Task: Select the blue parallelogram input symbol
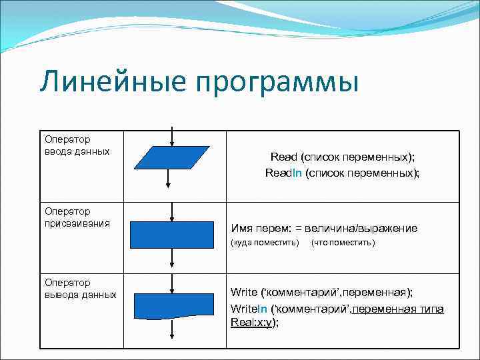(172, 158)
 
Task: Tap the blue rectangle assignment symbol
(172, 234)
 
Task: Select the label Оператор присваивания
(77, 217)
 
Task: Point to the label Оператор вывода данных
(81, 289)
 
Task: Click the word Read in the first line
(283, 157)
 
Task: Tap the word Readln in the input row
(283, 173)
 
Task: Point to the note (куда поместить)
(265, 243)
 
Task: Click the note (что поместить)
(343, 243)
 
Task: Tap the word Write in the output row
(244, 292)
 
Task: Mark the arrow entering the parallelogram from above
(172, 136)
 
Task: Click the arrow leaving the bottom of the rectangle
(172, 257)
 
